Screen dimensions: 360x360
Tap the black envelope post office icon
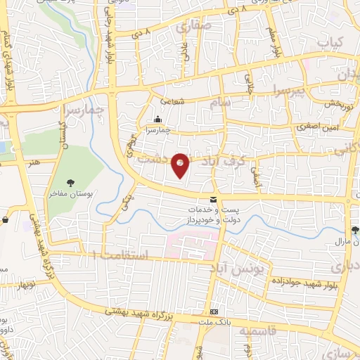213,200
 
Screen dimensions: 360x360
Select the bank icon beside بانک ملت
214,312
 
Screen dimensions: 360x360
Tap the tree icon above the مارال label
356,230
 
